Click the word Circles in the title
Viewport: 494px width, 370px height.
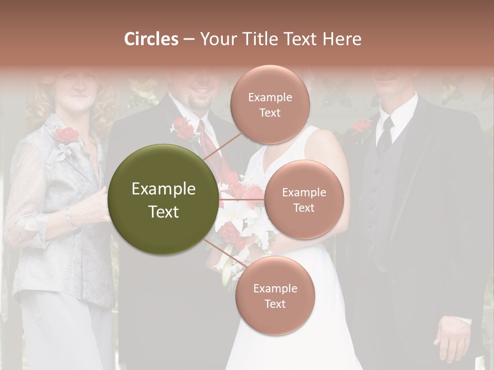click(x=151, y=39)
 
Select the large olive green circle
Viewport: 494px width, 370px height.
click(x=163, y=199)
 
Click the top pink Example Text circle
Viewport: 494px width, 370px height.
click(x=270, y=104)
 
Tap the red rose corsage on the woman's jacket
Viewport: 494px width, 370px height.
click(x=67, y=136)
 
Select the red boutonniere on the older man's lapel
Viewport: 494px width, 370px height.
click(x=362, y=126)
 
